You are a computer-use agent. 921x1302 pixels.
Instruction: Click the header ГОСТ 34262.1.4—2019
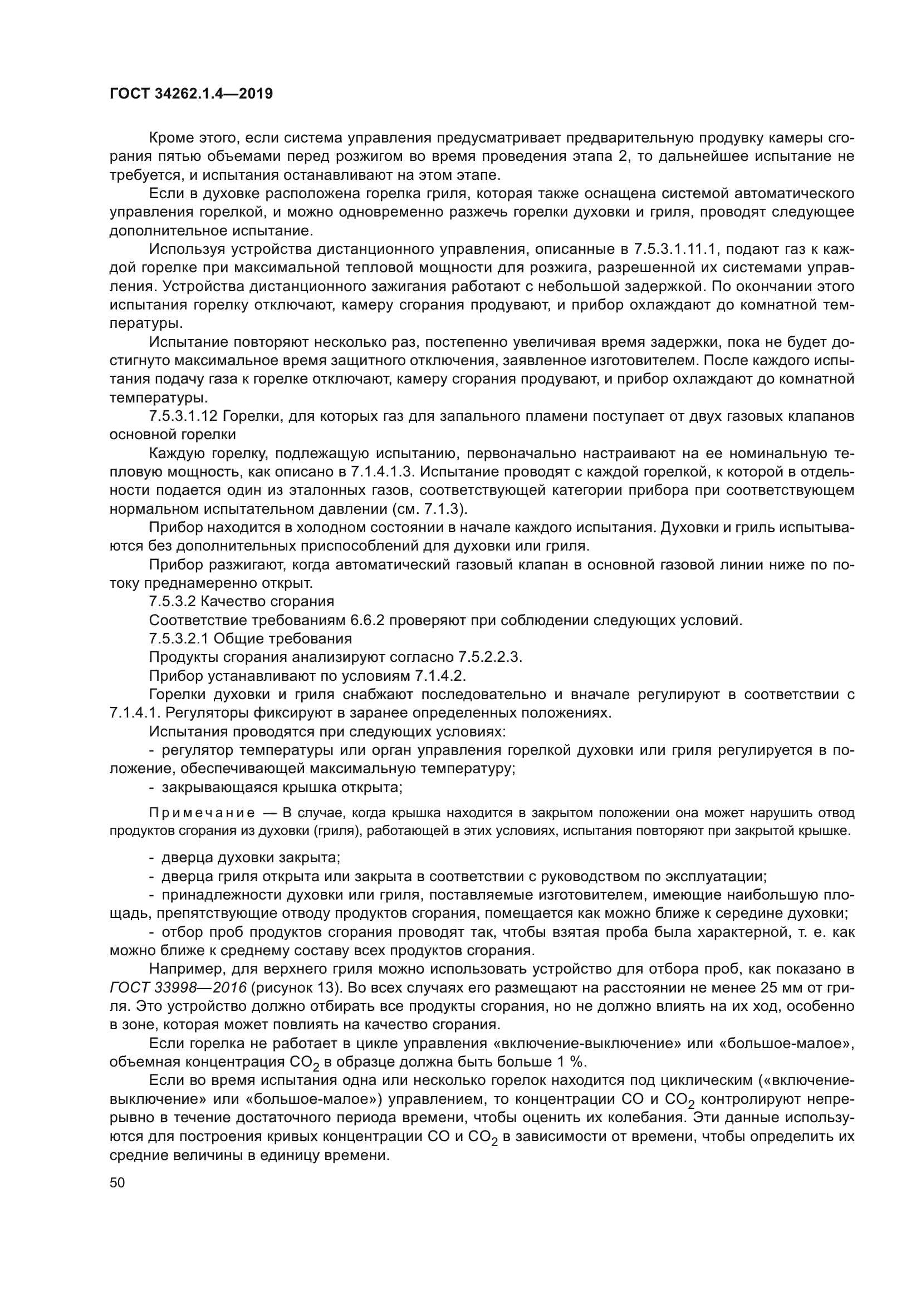(x=190, y=94)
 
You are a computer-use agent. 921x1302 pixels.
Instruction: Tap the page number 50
(x=117, y=1182)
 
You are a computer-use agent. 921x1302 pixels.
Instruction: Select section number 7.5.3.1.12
(x=183, y=416)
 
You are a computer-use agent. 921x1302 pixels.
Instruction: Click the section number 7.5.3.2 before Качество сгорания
(x=173, y=602)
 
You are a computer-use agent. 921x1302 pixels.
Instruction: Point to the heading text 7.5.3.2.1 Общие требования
(x=250, y=639)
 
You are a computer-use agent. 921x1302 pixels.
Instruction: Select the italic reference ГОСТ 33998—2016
(x=178, y=988)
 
